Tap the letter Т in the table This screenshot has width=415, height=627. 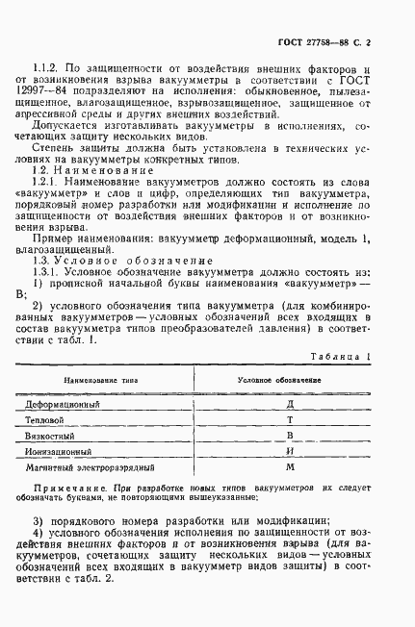click(290, 420)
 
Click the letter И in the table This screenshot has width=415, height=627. click(290, 451)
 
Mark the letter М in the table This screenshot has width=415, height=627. click(290, 466)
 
